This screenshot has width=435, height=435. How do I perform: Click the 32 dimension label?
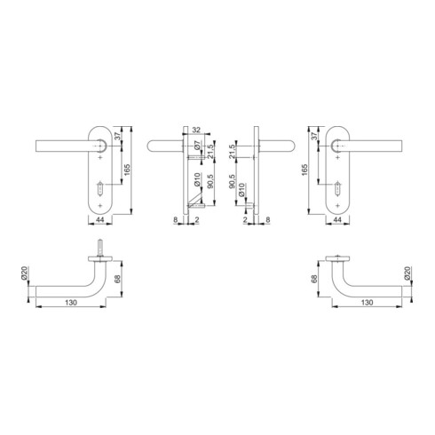(x=196, y=130)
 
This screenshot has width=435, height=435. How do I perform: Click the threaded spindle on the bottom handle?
(x=100, y=248)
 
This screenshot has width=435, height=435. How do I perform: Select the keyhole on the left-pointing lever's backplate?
(x=100, y=188)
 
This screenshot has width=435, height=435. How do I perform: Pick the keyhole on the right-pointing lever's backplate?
(x=337, y=188)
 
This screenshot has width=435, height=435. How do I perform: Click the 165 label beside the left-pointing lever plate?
(x=128, y=170)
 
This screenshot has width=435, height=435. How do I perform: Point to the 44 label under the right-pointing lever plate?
(x=337, y=220)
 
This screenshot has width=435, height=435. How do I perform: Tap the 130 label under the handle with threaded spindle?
(x=71, y=303)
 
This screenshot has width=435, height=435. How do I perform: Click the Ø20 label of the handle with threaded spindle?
(x=24, y=273)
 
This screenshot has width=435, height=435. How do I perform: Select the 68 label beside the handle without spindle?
(x=314, y=279)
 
